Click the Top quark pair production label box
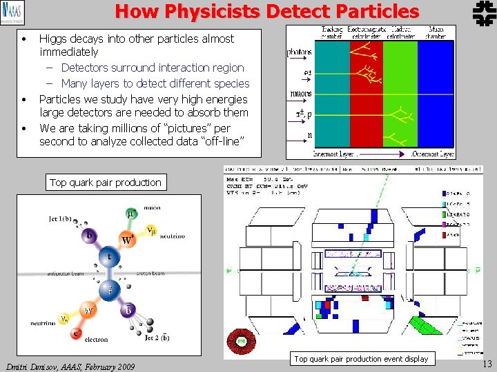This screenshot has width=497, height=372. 105,183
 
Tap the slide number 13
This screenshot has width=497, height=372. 487,364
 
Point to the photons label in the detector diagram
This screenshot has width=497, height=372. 300,52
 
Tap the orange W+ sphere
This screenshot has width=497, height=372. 128,239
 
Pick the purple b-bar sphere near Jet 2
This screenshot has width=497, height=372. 128,310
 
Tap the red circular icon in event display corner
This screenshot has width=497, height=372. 242,342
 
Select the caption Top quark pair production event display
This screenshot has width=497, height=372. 361,359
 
